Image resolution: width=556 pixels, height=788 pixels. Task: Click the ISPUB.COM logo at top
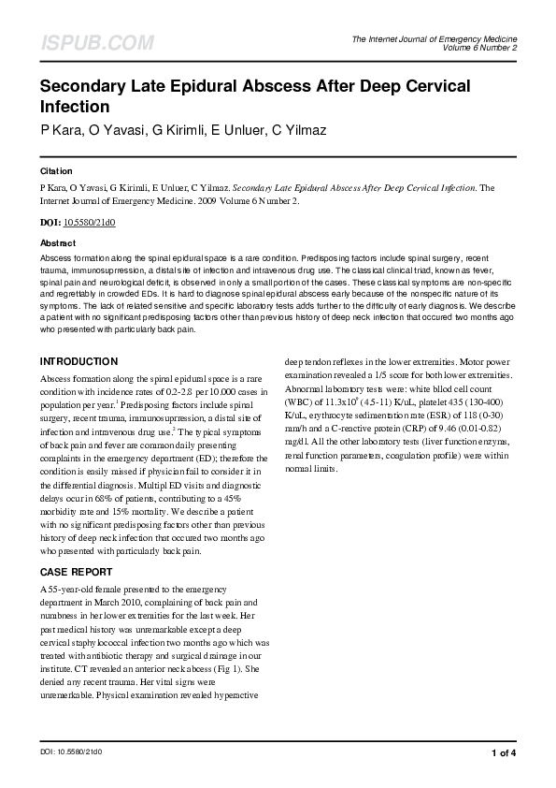click(96, 43)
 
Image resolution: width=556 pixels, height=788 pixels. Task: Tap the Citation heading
click(56, 171)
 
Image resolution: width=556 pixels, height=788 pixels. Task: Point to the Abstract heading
click(58, 242)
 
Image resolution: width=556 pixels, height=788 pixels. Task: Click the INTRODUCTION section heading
click(78, 361)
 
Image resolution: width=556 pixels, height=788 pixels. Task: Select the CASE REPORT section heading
click(77, 572)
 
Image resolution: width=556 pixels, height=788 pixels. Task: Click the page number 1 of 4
click(504, 752)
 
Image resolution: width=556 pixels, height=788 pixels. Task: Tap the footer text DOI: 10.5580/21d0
click(71, 752)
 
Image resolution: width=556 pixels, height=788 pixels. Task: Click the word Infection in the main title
click(75, 107)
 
